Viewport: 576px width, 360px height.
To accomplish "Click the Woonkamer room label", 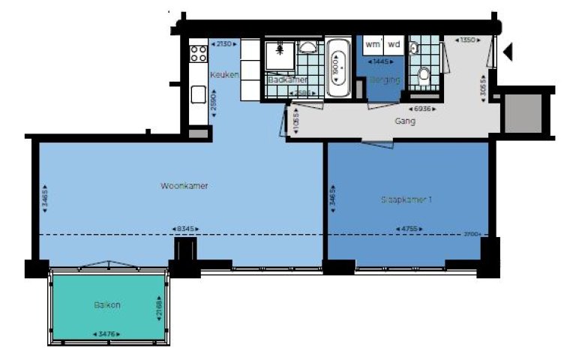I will click(184, 185).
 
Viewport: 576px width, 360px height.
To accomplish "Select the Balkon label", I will click(108, 305).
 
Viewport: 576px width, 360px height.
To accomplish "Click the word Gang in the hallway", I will click(405, 120).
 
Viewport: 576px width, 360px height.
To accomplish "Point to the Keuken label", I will click(224, 75).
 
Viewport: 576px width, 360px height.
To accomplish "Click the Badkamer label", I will click(287, 79).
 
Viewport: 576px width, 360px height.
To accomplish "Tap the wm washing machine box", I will click(373, 44).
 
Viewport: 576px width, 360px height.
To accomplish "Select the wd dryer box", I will click(394, 44).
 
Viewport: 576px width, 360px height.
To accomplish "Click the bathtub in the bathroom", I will click(339, 68).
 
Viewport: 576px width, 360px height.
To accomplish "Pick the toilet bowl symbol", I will click(424, 74).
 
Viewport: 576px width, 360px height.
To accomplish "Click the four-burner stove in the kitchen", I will click(199, 53).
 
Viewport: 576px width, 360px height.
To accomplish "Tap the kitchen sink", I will click(198, 94).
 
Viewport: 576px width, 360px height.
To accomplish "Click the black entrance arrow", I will click(508, 52).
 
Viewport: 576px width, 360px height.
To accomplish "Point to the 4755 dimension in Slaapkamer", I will click(409, 228).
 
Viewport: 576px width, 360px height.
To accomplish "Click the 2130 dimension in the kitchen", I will click(224, 43).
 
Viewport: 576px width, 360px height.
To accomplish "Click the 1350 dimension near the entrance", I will click(469, 39).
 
